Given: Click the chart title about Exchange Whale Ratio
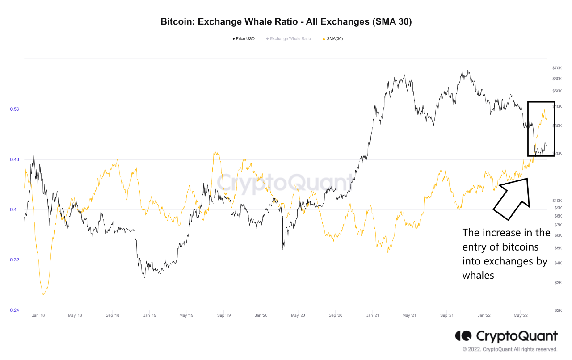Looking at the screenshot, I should [286, 21].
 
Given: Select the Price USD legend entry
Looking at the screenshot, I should [244, 39].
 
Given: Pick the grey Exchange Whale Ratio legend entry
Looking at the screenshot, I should [288, 39].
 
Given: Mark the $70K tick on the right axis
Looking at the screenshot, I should [557, 68].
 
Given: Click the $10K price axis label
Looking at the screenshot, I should [557, 201].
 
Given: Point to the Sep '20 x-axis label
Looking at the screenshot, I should [335, 316].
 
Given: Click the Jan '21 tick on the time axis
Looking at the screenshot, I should [373, 316].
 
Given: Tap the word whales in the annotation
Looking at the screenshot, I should [478, 275].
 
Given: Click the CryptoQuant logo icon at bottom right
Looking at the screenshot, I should [463, 336].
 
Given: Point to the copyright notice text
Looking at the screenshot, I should [510, 349].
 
